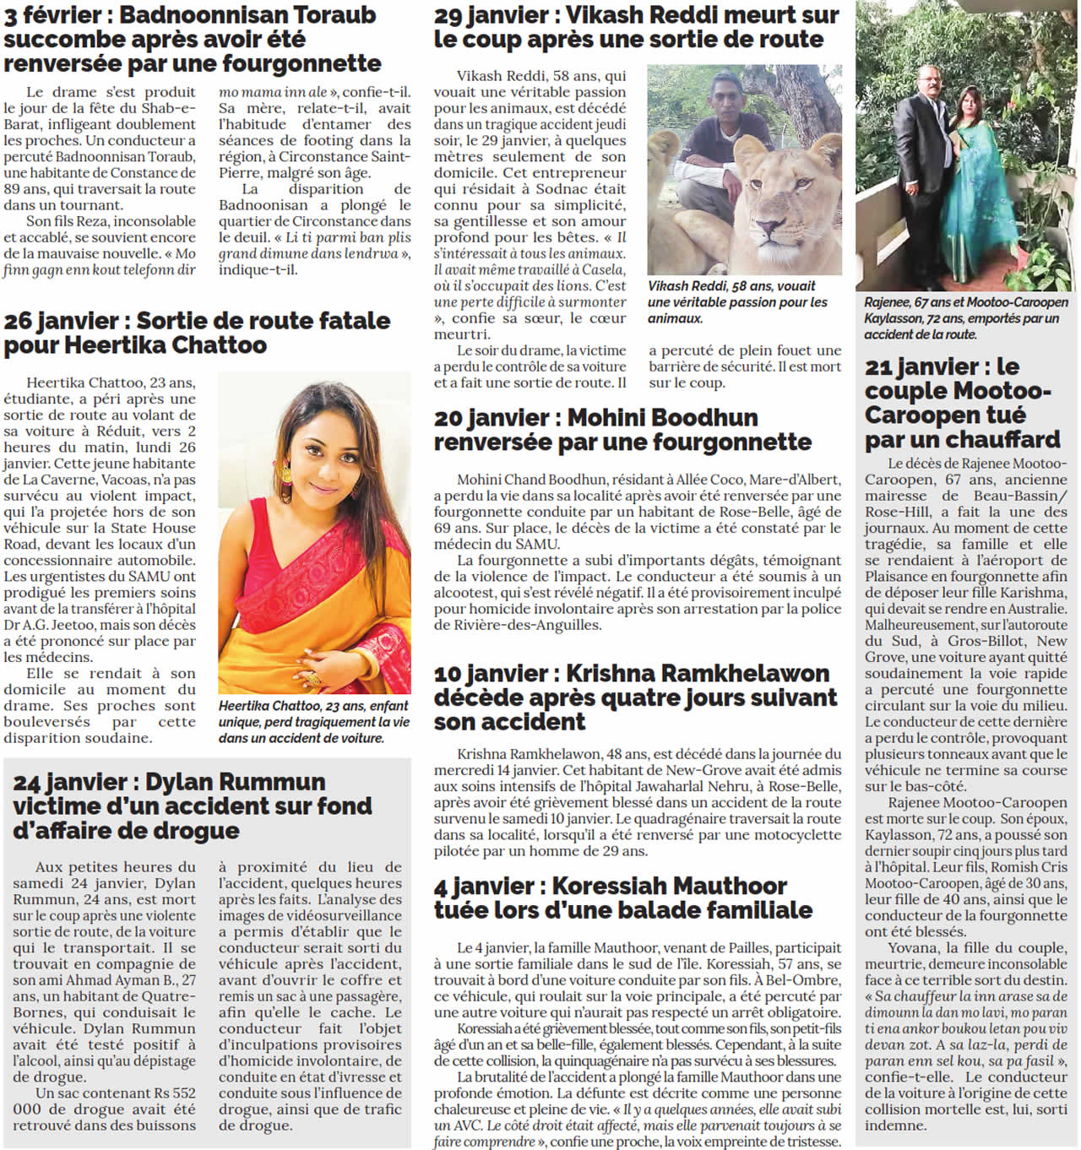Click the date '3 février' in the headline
pyautogui.click(x=52, y=15)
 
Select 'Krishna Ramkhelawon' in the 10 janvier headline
pyautogui.click(x=697, y=674)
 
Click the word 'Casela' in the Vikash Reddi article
pyautogui.click(x=604, y=270)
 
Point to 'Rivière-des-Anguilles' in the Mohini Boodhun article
pyautogui.click(x=518, y=625)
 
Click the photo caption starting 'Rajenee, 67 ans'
pyautogui.click(x=966, y=318)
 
